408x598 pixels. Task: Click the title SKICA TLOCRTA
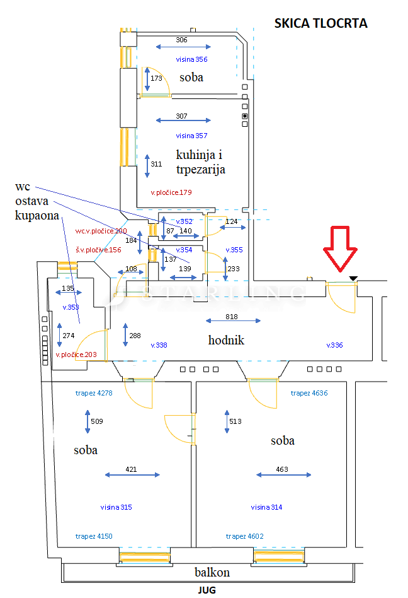[x=320, y=24]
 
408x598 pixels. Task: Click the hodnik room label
[x=226, y=341]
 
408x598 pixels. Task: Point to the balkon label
[x=212, y=573]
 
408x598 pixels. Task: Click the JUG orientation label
[x=207, y=592]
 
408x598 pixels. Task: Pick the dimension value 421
[x=131, y=470]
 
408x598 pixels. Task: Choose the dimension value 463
[x=282, y=469]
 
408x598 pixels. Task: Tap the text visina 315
[x=116, y=507]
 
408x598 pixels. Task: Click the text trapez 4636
[x=309, y=393]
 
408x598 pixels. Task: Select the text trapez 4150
[x=94, y=536]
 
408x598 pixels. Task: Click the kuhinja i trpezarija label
[x=200, y=162]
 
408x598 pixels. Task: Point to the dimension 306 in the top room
[x=182, y=40]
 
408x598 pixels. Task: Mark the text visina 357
[x=191, y=136]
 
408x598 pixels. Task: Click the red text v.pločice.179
[x=171, y=192]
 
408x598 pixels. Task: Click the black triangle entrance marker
[x=353, y=278]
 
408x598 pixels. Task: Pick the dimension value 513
[x=235, y=421]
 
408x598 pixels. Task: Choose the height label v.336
[x=334, y=345]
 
